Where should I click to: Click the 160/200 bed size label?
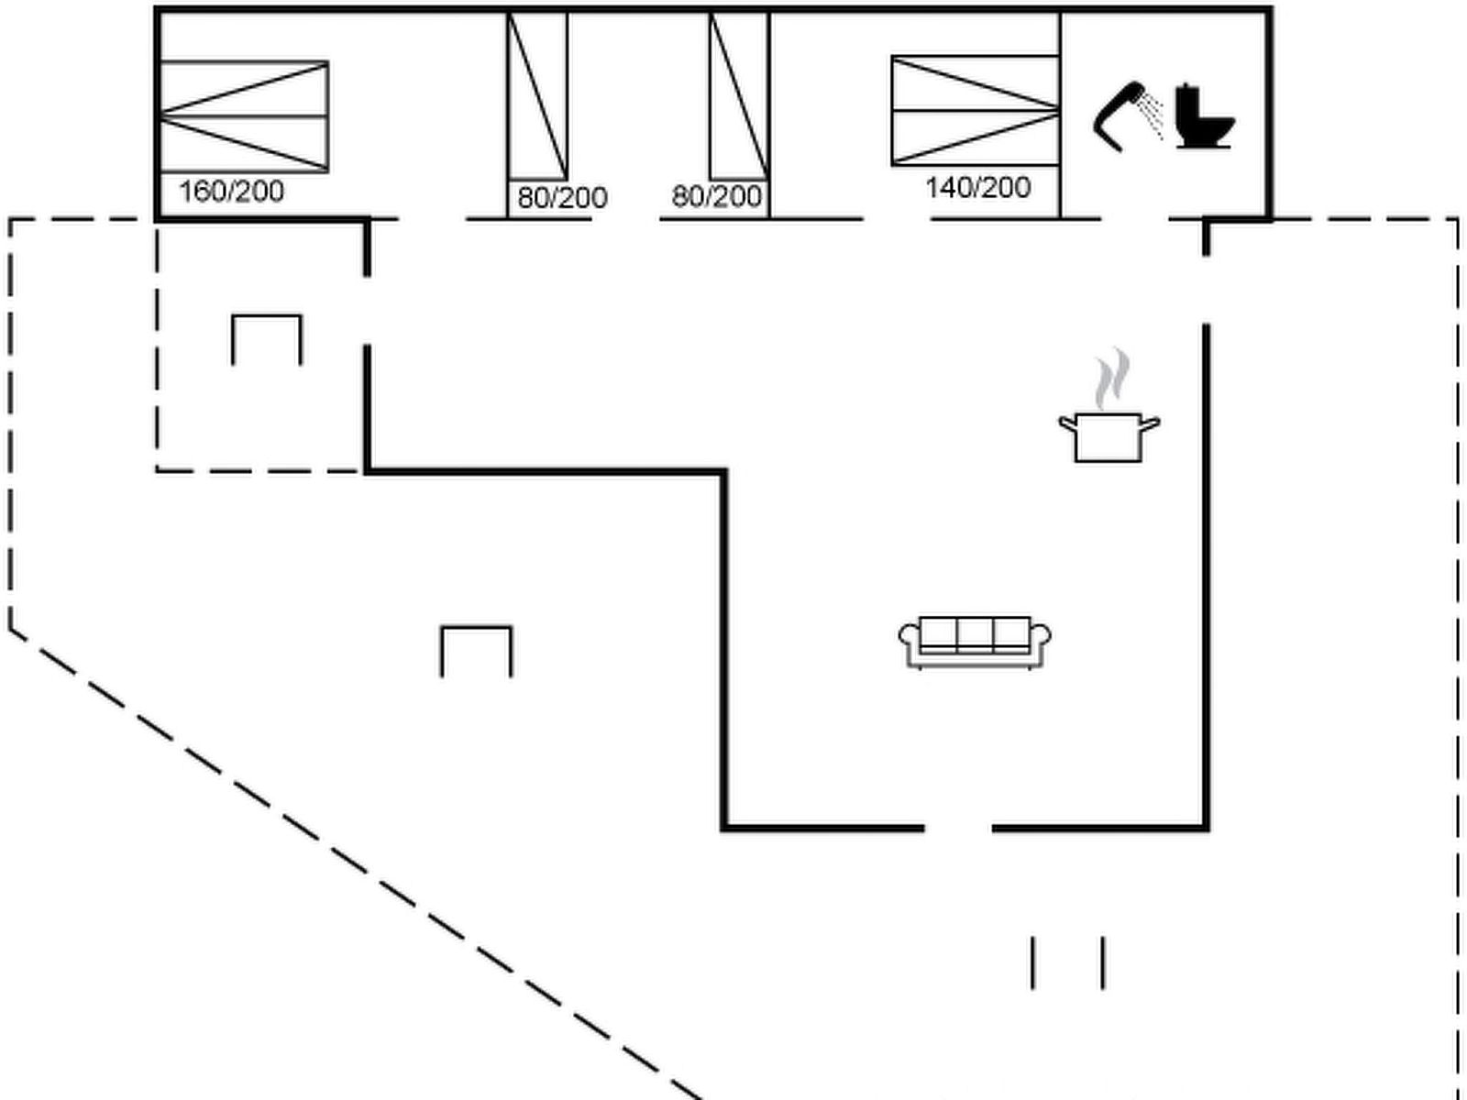tap(231, 192)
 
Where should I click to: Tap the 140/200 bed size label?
tap(977, 188)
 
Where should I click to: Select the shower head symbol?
tap(1124, 114)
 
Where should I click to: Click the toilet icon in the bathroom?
tap(1202, 116)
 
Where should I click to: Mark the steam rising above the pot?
tap(1111, 378)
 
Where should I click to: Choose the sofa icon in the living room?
tap(975, 642)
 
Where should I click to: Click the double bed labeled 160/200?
tap(244, 116)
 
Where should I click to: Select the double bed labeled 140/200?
tap(975, 111)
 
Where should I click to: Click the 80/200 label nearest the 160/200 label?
tap(562, 198)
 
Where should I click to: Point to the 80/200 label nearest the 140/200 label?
tap(716, 197)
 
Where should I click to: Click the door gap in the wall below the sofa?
tap(958, 828)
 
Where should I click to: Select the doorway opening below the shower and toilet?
tap(1134, 219)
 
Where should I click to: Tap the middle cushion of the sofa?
tap(975, 632)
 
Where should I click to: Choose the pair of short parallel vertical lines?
tap(1067, 962)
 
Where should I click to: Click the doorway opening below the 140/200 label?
tap(897, 219)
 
